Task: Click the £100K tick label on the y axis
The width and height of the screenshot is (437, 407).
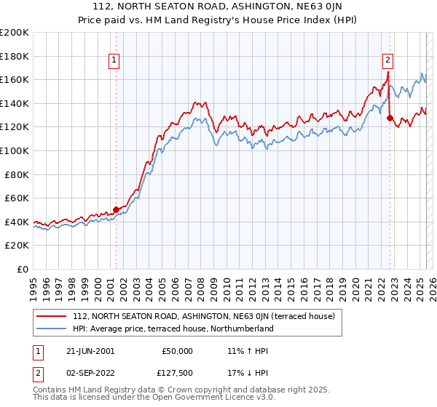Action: point(15,150)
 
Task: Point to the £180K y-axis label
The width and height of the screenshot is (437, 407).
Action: point(15,55)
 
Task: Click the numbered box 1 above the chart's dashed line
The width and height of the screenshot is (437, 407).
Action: point(115,61)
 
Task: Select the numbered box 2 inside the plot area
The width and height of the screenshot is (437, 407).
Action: point(388,61)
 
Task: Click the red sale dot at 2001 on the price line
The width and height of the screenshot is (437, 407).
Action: point(116,209)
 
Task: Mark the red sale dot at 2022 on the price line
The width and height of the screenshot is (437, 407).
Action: point(390,118)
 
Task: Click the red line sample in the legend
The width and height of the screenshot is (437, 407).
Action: point(52,317)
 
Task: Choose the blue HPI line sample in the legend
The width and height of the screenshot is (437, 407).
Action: point(52,329)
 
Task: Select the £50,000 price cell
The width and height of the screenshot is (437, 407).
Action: point(177,350)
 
